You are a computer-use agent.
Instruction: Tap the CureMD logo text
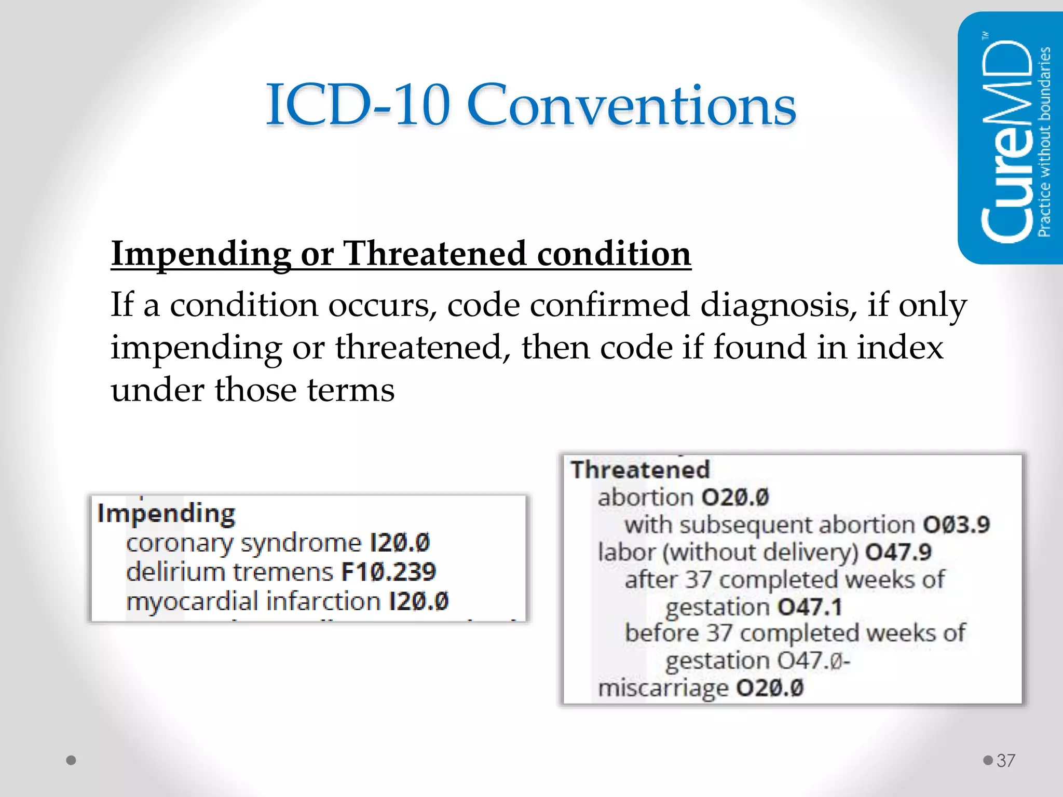[1007, 140]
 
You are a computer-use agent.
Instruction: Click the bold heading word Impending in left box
[166, 514]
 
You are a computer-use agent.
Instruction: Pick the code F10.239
[388, 572]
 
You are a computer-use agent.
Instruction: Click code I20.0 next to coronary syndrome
[400, 543]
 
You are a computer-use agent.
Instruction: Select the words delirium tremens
[229, 572]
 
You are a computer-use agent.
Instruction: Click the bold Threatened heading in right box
[640, 470]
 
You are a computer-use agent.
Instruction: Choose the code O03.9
[956, 525]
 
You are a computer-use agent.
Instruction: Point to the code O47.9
[898, 552]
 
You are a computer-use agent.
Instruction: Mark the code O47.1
[809, 607]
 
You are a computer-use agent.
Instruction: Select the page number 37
[1005, 761]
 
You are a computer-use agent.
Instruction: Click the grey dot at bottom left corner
[72, 760]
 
